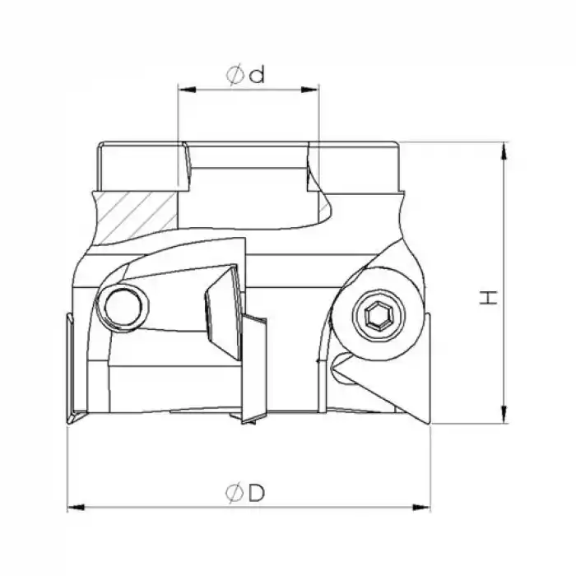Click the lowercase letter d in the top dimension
[x=257, y=75]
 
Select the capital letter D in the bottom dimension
[x=256, y=493]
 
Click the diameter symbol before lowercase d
[x=235, y=75]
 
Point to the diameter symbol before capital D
[x=233, y=493]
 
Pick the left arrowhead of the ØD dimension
[x=72, y=505]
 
